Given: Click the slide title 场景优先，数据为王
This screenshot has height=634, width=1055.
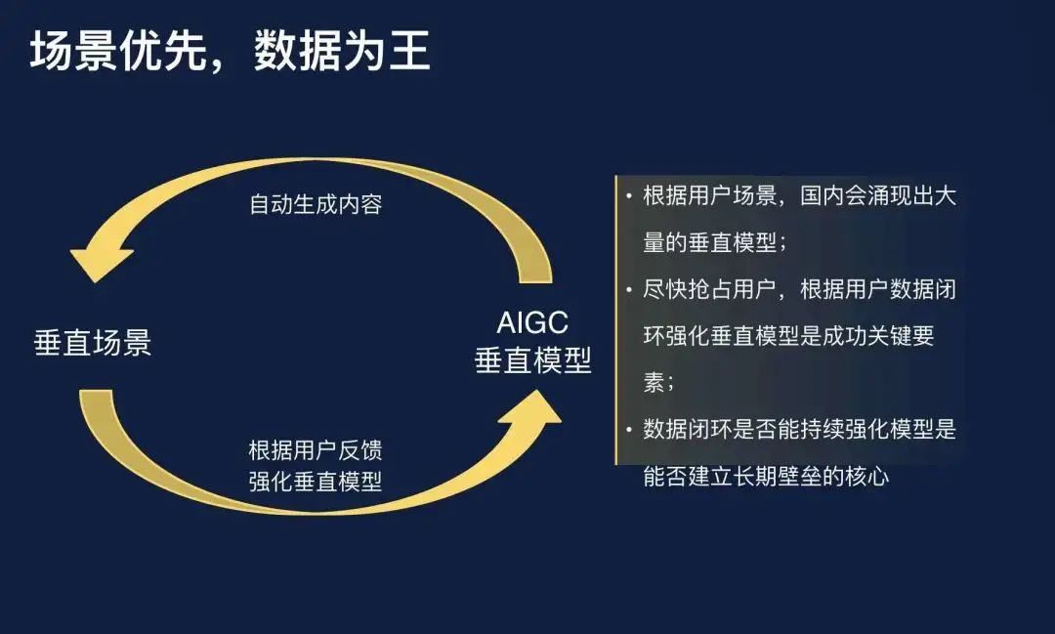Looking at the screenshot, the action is point(231,51).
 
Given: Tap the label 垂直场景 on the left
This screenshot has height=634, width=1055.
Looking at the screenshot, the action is point(93,343).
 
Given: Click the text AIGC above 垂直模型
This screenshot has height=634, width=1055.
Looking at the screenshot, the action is point(532,323).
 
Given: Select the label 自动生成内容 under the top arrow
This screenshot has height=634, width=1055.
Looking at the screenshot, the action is point(316,204).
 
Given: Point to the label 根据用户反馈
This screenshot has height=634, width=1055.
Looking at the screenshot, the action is point(316,450).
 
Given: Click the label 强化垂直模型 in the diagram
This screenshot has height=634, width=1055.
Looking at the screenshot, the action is point(316,482).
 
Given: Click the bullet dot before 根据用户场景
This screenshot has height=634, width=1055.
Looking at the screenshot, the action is point(628,196).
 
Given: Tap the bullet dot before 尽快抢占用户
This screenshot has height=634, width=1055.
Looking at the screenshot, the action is point(628,290).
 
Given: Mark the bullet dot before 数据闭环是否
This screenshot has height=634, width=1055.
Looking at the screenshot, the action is point(628,430).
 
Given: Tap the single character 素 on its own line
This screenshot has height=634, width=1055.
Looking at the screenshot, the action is point(654,382).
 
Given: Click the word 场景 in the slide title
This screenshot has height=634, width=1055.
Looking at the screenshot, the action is point(73,51).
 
